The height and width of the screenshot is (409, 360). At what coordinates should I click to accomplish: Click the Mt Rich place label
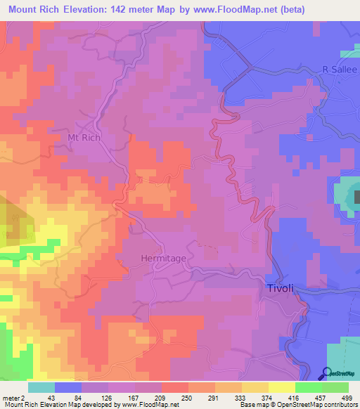coord(84,138)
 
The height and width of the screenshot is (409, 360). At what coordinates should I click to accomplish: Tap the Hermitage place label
coord(163,259)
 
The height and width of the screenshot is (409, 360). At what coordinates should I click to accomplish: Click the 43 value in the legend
coord(60,396)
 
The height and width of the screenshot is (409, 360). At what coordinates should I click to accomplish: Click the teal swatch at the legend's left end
coord(41,387)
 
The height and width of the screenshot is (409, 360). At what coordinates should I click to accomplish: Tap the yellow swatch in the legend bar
coord(281,387)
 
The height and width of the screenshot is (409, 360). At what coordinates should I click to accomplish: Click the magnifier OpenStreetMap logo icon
coord(326,372)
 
